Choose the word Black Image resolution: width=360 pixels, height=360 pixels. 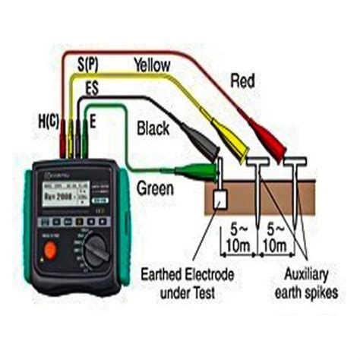[155, 129]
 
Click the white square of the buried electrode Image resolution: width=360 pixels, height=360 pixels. [221, 201]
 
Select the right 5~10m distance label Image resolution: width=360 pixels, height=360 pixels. [276, 235]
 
